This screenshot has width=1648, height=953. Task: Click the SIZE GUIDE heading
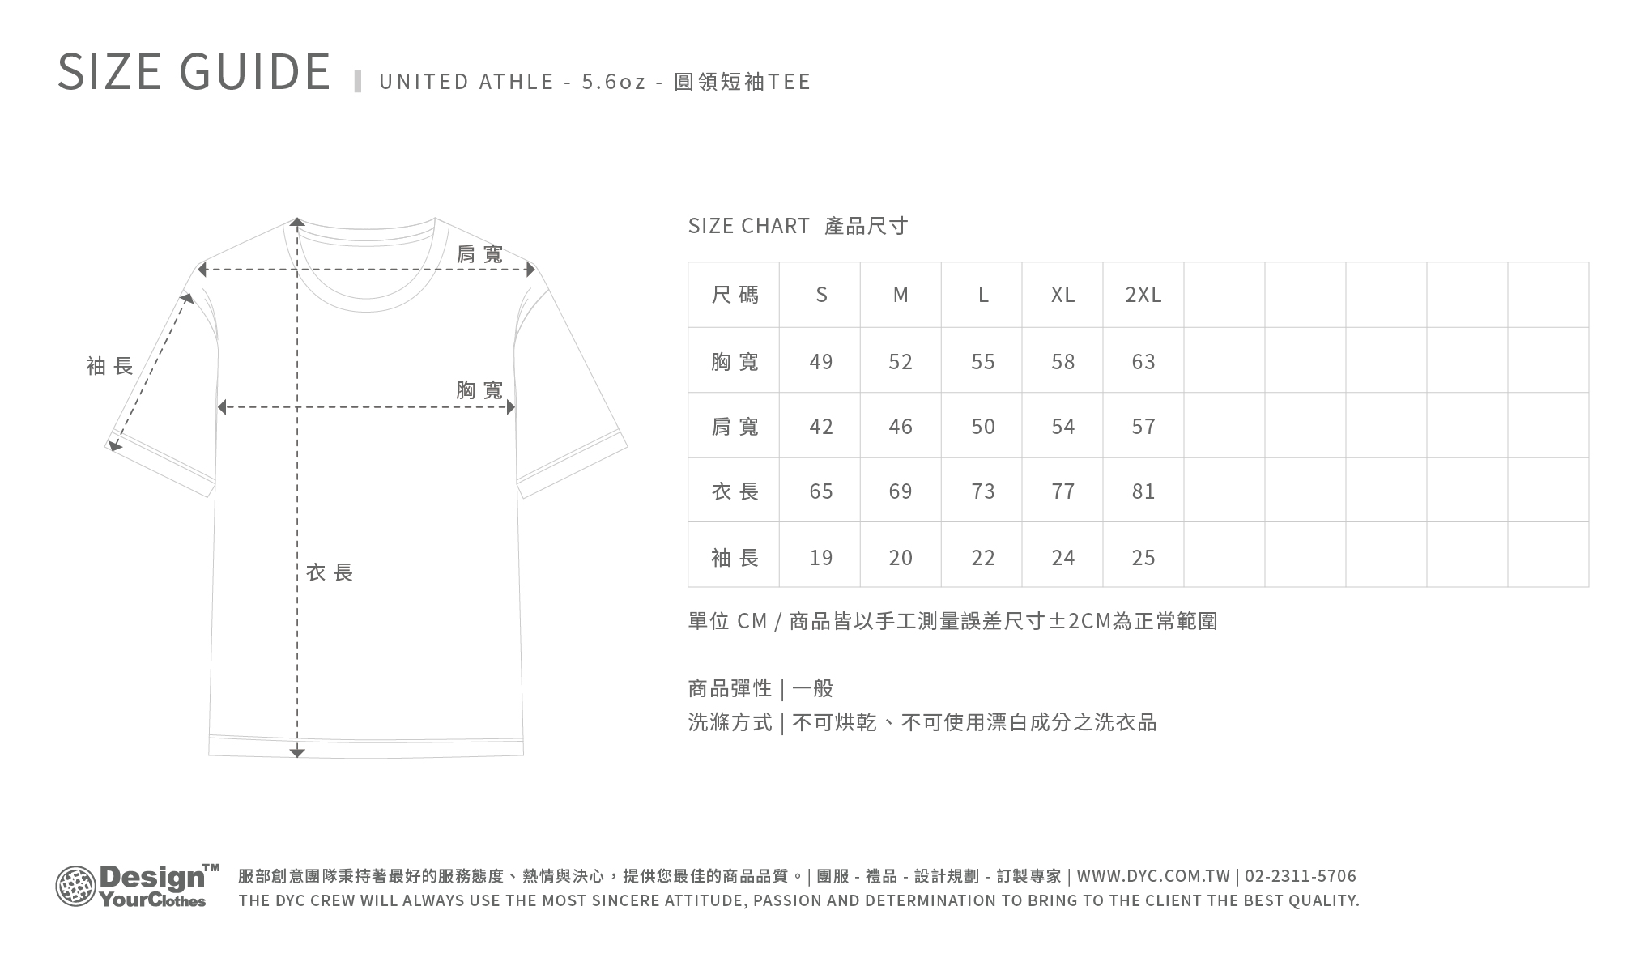click(194, 71)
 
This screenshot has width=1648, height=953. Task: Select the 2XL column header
click(1143, 295)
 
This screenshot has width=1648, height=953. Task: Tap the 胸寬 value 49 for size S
click(820, 361)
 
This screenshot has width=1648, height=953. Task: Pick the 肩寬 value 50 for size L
click(982, 426)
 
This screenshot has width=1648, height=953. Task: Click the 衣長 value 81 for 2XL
click(1143, 491)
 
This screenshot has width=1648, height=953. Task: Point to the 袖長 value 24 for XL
click(1062, 557)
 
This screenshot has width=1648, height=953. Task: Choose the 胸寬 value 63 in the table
click(1143, 361)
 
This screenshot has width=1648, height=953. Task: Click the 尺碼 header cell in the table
click(735, 295)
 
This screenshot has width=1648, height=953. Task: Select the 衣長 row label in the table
click(735, 491)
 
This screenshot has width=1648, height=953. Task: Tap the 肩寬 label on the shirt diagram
click(479, 254)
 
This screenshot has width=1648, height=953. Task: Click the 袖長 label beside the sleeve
click(109, 366)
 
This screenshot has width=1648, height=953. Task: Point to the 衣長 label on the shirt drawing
click(330, 572)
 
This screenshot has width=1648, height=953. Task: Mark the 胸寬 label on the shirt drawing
click(479, 390)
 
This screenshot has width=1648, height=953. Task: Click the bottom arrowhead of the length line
click(297, 753)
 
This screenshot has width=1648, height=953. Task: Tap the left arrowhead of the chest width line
click(221, 406)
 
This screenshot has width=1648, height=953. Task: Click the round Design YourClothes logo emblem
click(75, 886)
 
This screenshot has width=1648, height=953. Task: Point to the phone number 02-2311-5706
click(1301, 876)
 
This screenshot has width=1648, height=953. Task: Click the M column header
click(901, 295)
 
